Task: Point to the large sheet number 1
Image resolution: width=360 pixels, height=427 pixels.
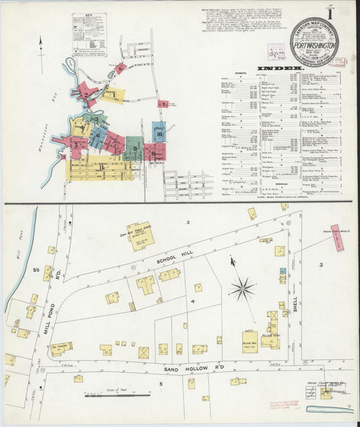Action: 349,14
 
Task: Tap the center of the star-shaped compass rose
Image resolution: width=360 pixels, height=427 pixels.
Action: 242,289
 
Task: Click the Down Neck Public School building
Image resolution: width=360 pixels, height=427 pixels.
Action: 140,237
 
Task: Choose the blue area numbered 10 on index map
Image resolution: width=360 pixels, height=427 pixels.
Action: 159,134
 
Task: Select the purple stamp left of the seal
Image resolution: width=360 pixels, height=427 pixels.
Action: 276,51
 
